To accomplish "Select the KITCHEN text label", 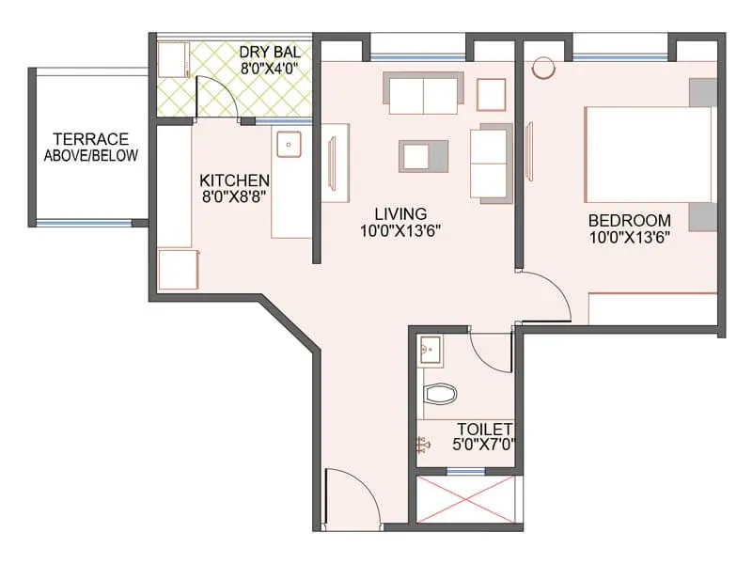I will pyautogui.click(x=235, y=180).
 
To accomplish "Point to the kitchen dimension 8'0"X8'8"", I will pyautogui.click(x=235, y=196).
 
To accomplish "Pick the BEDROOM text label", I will pyautogui.click(x=629, y=221).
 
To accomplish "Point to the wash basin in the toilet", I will pyautogui.click(x=430, y=350).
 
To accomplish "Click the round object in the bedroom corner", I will pyautogui.click(x=542, y=69).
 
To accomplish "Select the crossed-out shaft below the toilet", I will pyautogui.click(x=467, y=500).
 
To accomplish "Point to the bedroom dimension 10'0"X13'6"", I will pyautogui.click(x=629, y=238).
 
